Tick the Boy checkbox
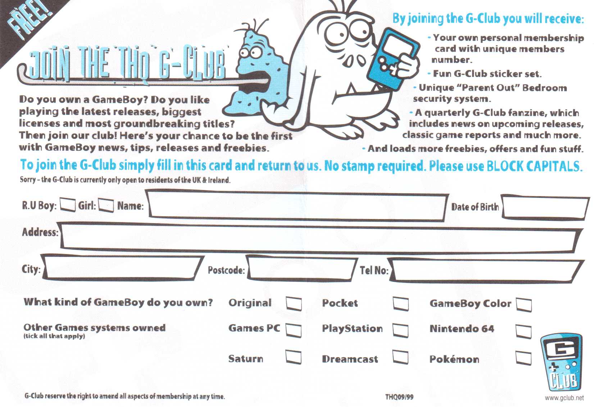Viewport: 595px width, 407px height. coord(67,205)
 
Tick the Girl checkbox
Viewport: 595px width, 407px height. coord(106,205)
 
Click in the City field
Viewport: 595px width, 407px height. coord(122,268)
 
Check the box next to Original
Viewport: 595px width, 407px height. coord(294,303)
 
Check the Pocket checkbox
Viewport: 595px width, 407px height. coord(401,303)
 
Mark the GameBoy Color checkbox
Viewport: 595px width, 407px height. coord(524,304)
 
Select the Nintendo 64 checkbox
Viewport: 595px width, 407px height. coord(523,331)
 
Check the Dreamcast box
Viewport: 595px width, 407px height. coord(400,357)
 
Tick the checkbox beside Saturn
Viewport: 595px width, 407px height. coord(293,357)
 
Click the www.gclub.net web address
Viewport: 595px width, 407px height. coord(564,398)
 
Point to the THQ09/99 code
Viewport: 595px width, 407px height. coord(399,397)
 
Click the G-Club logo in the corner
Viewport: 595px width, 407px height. coord(562,362)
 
